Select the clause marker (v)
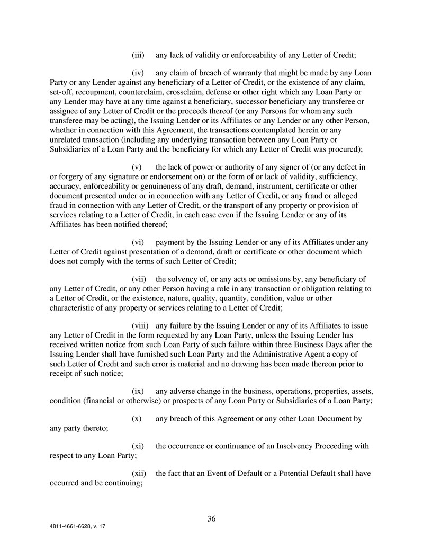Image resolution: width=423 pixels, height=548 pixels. [x=138, y=167]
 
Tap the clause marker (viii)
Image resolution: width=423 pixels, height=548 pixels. [x=140, y=325]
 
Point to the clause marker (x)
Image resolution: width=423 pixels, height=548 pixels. [x=137, y=418]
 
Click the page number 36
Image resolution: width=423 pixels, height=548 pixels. [x=211, y=518]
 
